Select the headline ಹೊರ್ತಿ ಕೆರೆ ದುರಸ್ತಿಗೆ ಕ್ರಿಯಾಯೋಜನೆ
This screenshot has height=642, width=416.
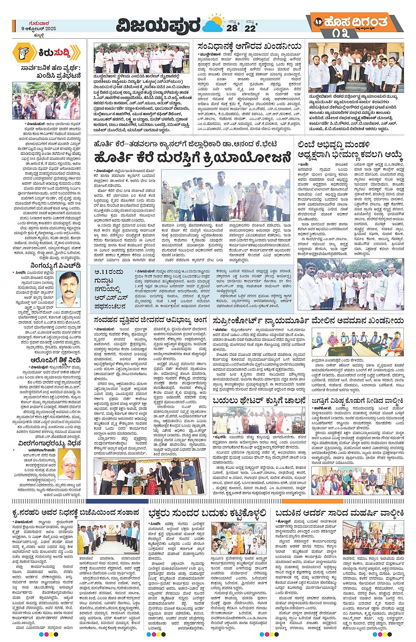point(192,158)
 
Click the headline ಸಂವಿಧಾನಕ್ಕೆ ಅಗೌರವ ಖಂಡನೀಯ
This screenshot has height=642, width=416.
point(250,46)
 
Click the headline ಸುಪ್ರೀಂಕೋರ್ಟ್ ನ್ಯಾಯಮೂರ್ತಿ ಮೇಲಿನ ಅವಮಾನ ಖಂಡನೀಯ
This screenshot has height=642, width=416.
point(308,321)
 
